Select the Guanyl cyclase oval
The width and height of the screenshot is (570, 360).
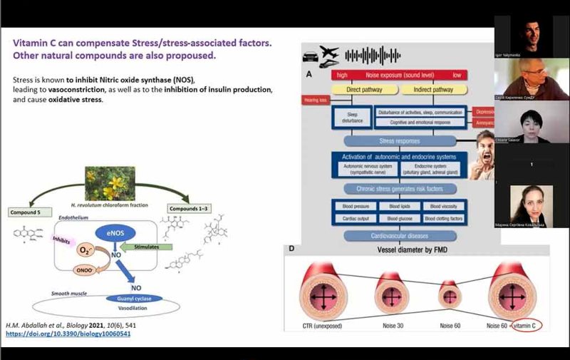135,299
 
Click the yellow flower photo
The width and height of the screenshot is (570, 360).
110,183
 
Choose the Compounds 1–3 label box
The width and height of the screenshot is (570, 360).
187,208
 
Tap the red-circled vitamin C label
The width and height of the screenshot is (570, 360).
528,326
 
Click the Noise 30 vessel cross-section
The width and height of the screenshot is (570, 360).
390,292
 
